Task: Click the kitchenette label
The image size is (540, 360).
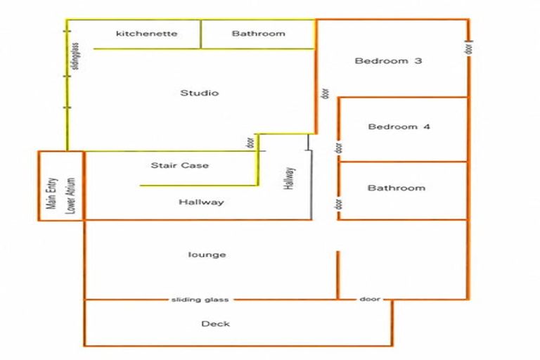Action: pyautogui.click(x=147, y=34)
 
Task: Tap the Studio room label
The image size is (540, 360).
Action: pyautogui.click(x=200, y=93)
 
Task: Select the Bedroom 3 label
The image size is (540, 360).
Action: pyautogui.click(x=388, y=61)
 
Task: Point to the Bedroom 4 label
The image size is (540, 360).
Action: pyautogui.click(x=399, y=127)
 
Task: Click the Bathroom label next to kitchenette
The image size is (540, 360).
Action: pyautogui.click(x=258, y=34)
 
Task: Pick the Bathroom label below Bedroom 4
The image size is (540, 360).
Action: pyautogui.click(x=397, y=188)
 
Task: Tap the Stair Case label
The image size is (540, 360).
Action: pyautogui.click(x=180, y=165)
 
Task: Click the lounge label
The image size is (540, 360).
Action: pyautogui.click(x=207, y=255)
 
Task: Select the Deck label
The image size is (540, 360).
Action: pyautogui.click(x=216, y=323)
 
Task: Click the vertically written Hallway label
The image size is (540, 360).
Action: pyautogui.click(x=289, y=179)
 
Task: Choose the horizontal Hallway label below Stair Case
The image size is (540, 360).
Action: pyautogui.click(x=201, y=202)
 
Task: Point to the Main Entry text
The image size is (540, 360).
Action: pyautogui.click(x=51, y=193)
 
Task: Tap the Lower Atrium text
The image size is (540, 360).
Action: pyautogui.click(x=70, y=195)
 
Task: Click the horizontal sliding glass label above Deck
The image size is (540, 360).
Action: pyautogui.click(x=200, y=300)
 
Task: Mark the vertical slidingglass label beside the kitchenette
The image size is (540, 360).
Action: pyautogui.click(x=75, y=56)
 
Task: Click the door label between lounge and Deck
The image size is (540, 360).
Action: pyautogui.click(x=370, y=299)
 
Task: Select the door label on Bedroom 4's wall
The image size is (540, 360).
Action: pyautogui.click(x=339, y=148)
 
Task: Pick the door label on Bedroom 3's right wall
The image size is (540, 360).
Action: pyautogui.click(x=469, y=48)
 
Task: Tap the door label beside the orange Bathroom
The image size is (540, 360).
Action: pyautogui.click(x=339, y=205)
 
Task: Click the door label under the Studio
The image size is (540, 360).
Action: pyautogui.click(x=250, y=143)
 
